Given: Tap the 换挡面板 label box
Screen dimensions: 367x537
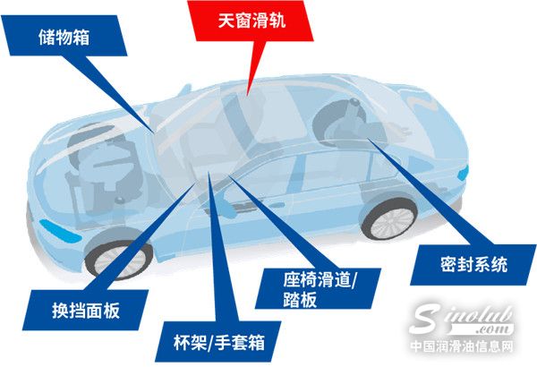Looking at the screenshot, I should click(x=85, y=308).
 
